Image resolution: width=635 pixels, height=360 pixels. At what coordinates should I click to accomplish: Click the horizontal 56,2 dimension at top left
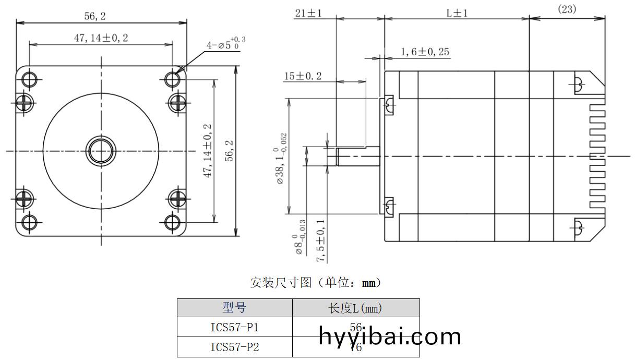click(95, 16)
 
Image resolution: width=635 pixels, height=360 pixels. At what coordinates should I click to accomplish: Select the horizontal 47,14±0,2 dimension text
click(101, 38)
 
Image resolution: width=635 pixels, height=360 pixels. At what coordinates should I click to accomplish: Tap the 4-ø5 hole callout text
click(225, 44)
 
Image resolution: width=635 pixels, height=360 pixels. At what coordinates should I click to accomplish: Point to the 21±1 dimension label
click(308, 13)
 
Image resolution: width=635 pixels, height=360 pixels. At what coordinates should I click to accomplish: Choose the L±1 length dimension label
click(457, 13)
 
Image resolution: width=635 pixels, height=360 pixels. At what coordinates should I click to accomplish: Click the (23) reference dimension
click(567, 9)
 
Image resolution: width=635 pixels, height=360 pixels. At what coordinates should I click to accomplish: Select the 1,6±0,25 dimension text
click(425, 52)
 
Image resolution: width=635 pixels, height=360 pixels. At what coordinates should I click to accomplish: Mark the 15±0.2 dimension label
click(303, 76)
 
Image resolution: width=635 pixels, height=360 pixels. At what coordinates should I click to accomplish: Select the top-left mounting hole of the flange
click(29, 79)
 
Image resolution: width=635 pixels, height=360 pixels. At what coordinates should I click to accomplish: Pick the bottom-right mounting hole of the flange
click(173, 223)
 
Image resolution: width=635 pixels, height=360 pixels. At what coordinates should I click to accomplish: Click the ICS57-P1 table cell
click(234, 327)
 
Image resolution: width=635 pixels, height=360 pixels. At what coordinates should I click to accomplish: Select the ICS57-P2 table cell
click(234, 347)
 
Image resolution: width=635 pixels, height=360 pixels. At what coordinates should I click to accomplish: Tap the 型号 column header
click(234, 308)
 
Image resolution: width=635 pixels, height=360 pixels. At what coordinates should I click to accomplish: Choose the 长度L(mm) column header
click(355, 308)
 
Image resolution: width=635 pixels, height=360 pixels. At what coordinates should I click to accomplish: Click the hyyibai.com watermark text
click(390, 337)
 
